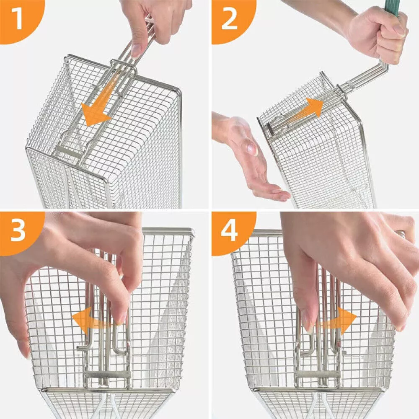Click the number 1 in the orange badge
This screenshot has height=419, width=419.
(17, 20)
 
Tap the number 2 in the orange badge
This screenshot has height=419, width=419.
(230, 20)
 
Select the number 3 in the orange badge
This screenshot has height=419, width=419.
(18, 232)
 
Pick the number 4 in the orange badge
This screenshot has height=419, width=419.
(230, 232)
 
